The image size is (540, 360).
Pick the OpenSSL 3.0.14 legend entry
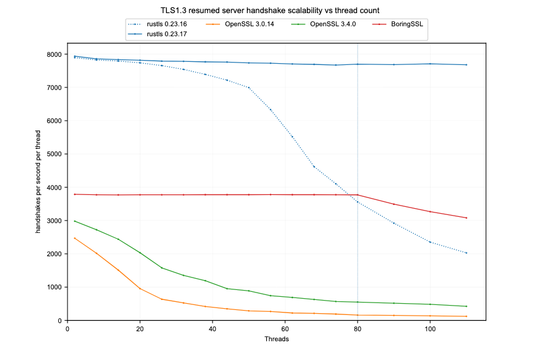click(246, 24)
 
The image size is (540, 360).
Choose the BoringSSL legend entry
click(407, 24)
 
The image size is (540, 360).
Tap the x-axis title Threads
click(276, 339)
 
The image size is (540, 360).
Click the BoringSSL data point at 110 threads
click(466, 217)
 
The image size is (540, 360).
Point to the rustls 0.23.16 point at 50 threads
click(249, 87)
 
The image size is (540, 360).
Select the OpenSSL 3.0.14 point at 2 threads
click(74, 238)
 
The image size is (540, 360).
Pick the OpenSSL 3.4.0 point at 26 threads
click(162, 268)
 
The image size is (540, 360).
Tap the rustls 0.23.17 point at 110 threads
click(466, 65)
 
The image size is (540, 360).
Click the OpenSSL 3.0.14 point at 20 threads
click(140, 288)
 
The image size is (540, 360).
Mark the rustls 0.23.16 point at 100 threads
click(430, 242)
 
